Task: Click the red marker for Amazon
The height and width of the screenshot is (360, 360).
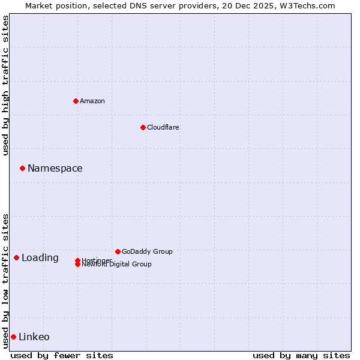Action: pos(76,101)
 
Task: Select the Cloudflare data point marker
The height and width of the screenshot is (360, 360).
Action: pos(143,127)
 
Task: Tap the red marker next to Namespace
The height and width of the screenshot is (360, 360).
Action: pos(22,168)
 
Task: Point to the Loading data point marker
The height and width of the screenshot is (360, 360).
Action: pos(16,257)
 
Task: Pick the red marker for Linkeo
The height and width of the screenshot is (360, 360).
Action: pos(13,337)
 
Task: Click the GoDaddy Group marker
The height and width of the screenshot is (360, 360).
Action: pos(118,251)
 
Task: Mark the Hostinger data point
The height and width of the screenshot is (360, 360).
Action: pos(77,260)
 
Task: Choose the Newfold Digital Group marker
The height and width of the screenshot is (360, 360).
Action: pos(77,265)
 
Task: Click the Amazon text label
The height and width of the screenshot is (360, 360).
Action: pos(92,101)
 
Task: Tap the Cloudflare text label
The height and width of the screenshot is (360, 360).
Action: pos(163,127)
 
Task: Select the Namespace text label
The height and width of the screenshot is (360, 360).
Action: pos(55,169)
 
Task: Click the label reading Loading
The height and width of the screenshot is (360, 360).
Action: pos(40,258)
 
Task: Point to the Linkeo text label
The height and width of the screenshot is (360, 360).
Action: pos(34,337)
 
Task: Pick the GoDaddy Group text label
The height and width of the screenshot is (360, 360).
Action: pos(147,251)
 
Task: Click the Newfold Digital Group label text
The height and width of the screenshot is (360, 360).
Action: pos(117,265)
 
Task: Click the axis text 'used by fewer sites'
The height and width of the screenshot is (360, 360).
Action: pos(62,355)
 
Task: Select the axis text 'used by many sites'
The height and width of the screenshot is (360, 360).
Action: pos(301,355)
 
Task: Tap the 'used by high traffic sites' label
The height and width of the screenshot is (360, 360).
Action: pos(6,85)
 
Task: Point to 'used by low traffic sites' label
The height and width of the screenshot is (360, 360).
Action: pos(6,281)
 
